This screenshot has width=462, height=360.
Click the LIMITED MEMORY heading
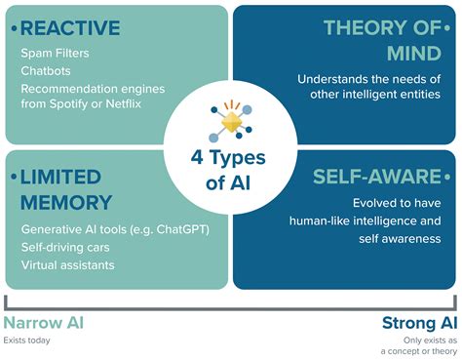(x=63, y=189)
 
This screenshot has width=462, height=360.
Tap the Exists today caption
(x=27, y=340)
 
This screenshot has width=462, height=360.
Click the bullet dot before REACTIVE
(x=13, y=26)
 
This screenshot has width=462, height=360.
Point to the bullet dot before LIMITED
(x=13, y=177)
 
